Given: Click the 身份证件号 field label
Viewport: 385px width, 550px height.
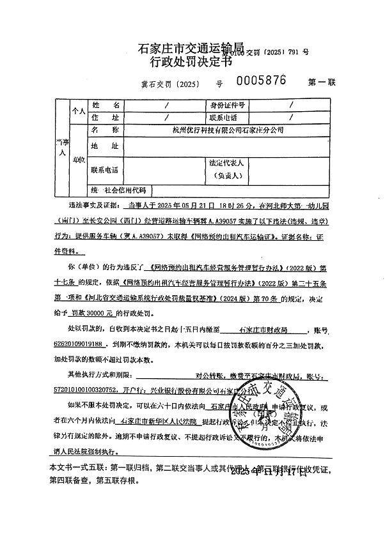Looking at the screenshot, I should pos(224,105).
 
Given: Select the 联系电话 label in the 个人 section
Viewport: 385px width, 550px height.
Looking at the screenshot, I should pos(224,118).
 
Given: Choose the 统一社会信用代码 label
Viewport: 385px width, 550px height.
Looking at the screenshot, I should pos(119,190).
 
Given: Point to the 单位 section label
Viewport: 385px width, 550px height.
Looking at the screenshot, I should pos(79,158).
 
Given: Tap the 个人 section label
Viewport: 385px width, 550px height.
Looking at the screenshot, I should pos(79,111).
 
